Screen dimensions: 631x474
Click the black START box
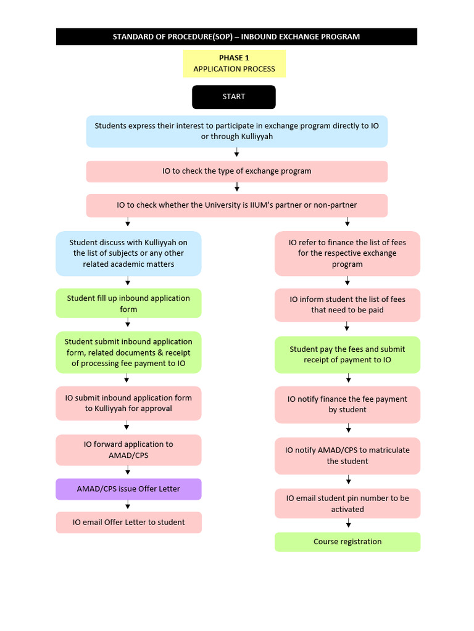point(233,97)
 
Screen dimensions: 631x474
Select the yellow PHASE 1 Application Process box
point(234,63)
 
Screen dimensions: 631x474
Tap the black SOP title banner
point(236,36)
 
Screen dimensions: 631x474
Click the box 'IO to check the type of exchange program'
point(236,171)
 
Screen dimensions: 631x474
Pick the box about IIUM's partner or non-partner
point(236,205)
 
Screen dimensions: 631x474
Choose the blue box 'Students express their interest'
point(236,131)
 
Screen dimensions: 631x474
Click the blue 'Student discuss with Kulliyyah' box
point(128,253)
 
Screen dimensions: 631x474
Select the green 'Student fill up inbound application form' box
point(128,303)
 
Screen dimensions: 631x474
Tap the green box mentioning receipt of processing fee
point(128,352)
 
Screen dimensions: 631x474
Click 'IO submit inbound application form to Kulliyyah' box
point(128,403)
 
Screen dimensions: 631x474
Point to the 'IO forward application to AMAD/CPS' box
point(128,450)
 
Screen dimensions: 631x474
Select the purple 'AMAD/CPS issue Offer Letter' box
point(128,489)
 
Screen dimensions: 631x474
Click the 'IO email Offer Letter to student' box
point(128,522)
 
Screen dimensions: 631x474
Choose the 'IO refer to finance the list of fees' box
point(347,253)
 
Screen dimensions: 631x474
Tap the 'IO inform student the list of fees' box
point(347,304)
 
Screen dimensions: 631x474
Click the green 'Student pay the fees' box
point(347,354)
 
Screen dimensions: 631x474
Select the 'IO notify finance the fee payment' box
point(347,404)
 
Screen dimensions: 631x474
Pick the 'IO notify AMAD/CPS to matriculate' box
point(347,455)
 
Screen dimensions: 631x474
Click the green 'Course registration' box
point(347,542)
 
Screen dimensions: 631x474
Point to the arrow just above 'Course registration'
point(349,524)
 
